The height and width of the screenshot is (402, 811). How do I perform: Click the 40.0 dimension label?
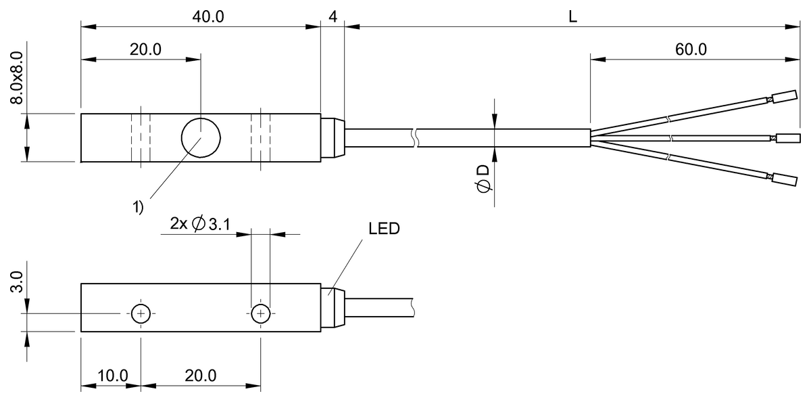(x=208, y=17)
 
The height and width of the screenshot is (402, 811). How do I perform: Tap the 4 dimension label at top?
(x=333, y=17)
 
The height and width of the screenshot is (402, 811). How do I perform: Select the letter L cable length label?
(x=572, y=17)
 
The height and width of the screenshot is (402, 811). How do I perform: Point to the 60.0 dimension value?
(x=691, y=49)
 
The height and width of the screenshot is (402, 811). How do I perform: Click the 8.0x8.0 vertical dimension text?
(x=17, y=78)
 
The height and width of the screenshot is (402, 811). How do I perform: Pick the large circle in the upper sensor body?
(x=201, y=138)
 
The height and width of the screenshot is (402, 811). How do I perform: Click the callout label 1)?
(x=138, y=207)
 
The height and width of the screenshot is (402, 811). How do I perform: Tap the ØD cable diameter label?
(x=483, y=179)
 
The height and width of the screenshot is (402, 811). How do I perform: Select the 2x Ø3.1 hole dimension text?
(x=200, y=224)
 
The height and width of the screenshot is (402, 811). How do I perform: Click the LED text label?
(x=384, y=229)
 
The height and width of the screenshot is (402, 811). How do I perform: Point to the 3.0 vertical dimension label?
(x=17, y=282)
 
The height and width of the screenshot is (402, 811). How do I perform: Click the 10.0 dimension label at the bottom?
(x=113, y=376)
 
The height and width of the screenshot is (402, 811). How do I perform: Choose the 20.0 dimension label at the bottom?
(x=201, y=376)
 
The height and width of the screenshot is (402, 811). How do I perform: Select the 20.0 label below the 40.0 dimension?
(x=145, y=49)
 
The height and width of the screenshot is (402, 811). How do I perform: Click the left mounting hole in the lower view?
(x=141, y=313)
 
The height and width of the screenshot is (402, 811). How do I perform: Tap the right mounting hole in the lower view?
(x=261, y=313)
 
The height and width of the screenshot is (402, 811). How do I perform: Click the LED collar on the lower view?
(x=333, y=307)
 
